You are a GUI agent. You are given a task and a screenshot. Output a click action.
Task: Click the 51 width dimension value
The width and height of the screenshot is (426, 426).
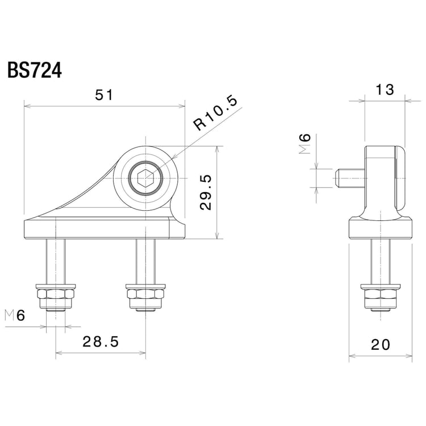coord(104,95)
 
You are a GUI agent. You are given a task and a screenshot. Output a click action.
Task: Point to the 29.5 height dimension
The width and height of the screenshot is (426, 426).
coord(206,193)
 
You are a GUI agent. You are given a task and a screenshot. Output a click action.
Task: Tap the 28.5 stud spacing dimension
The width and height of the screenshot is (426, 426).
coord(101,342)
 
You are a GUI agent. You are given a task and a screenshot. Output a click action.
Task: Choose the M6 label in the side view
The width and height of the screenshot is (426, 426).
coord(306,145)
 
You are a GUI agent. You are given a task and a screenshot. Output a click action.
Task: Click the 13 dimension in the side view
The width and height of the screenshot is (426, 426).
coord(385,89)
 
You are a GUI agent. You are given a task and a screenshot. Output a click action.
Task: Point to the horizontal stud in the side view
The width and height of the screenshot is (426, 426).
coord(348,178)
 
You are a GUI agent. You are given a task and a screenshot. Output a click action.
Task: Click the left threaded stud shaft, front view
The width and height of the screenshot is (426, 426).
coord(55,261)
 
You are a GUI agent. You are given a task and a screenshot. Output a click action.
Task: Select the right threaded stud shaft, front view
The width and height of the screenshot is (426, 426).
coord(146,261)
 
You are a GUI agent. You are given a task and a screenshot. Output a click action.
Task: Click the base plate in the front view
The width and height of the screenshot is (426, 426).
coord(102,229)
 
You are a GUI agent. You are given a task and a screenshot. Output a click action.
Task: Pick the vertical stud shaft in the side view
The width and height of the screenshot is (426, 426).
coord(380,261)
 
